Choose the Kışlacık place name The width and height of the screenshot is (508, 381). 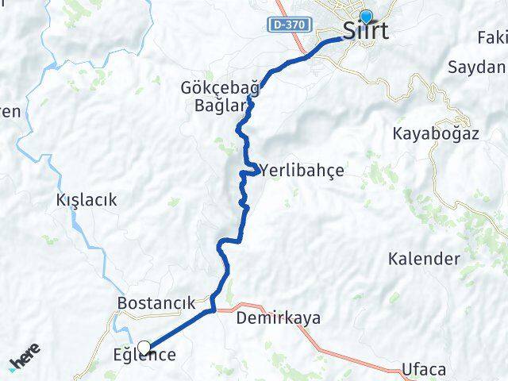(87, 200)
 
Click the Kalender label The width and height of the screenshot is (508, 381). (424, 259)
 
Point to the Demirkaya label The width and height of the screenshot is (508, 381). (279, 319)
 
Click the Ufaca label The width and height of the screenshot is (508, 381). (424, 370)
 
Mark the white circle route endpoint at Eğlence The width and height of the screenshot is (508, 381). (144, 346)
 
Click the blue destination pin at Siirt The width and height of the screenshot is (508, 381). (366, 17)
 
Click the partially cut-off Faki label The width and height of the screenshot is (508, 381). (492, 37)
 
